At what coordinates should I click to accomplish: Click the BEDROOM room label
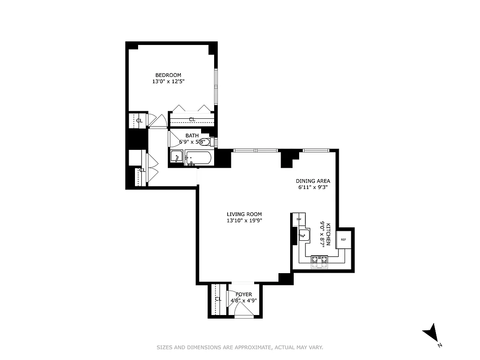point(168,75)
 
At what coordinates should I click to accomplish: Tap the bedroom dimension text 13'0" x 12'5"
point(168,82)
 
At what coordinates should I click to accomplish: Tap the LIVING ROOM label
point(244,214)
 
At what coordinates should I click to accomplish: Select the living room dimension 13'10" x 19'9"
point(244,221)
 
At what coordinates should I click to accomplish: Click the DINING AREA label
point(313,181)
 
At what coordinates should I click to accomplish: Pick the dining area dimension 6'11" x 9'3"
point(313,188)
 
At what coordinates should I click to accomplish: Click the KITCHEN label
point(329,234)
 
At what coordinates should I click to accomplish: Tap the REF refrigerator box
point(343,239)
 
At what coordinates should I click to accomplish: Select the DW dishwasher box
point(298,219)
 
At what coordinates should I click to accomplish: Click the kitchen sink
point(304,234)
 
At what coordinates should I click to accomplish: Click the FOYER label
point(244,295)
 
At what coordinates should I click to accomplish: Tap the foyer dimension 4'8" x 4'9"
point(244,301)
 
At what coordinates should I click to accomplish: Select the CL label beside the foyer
point(218,299)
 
